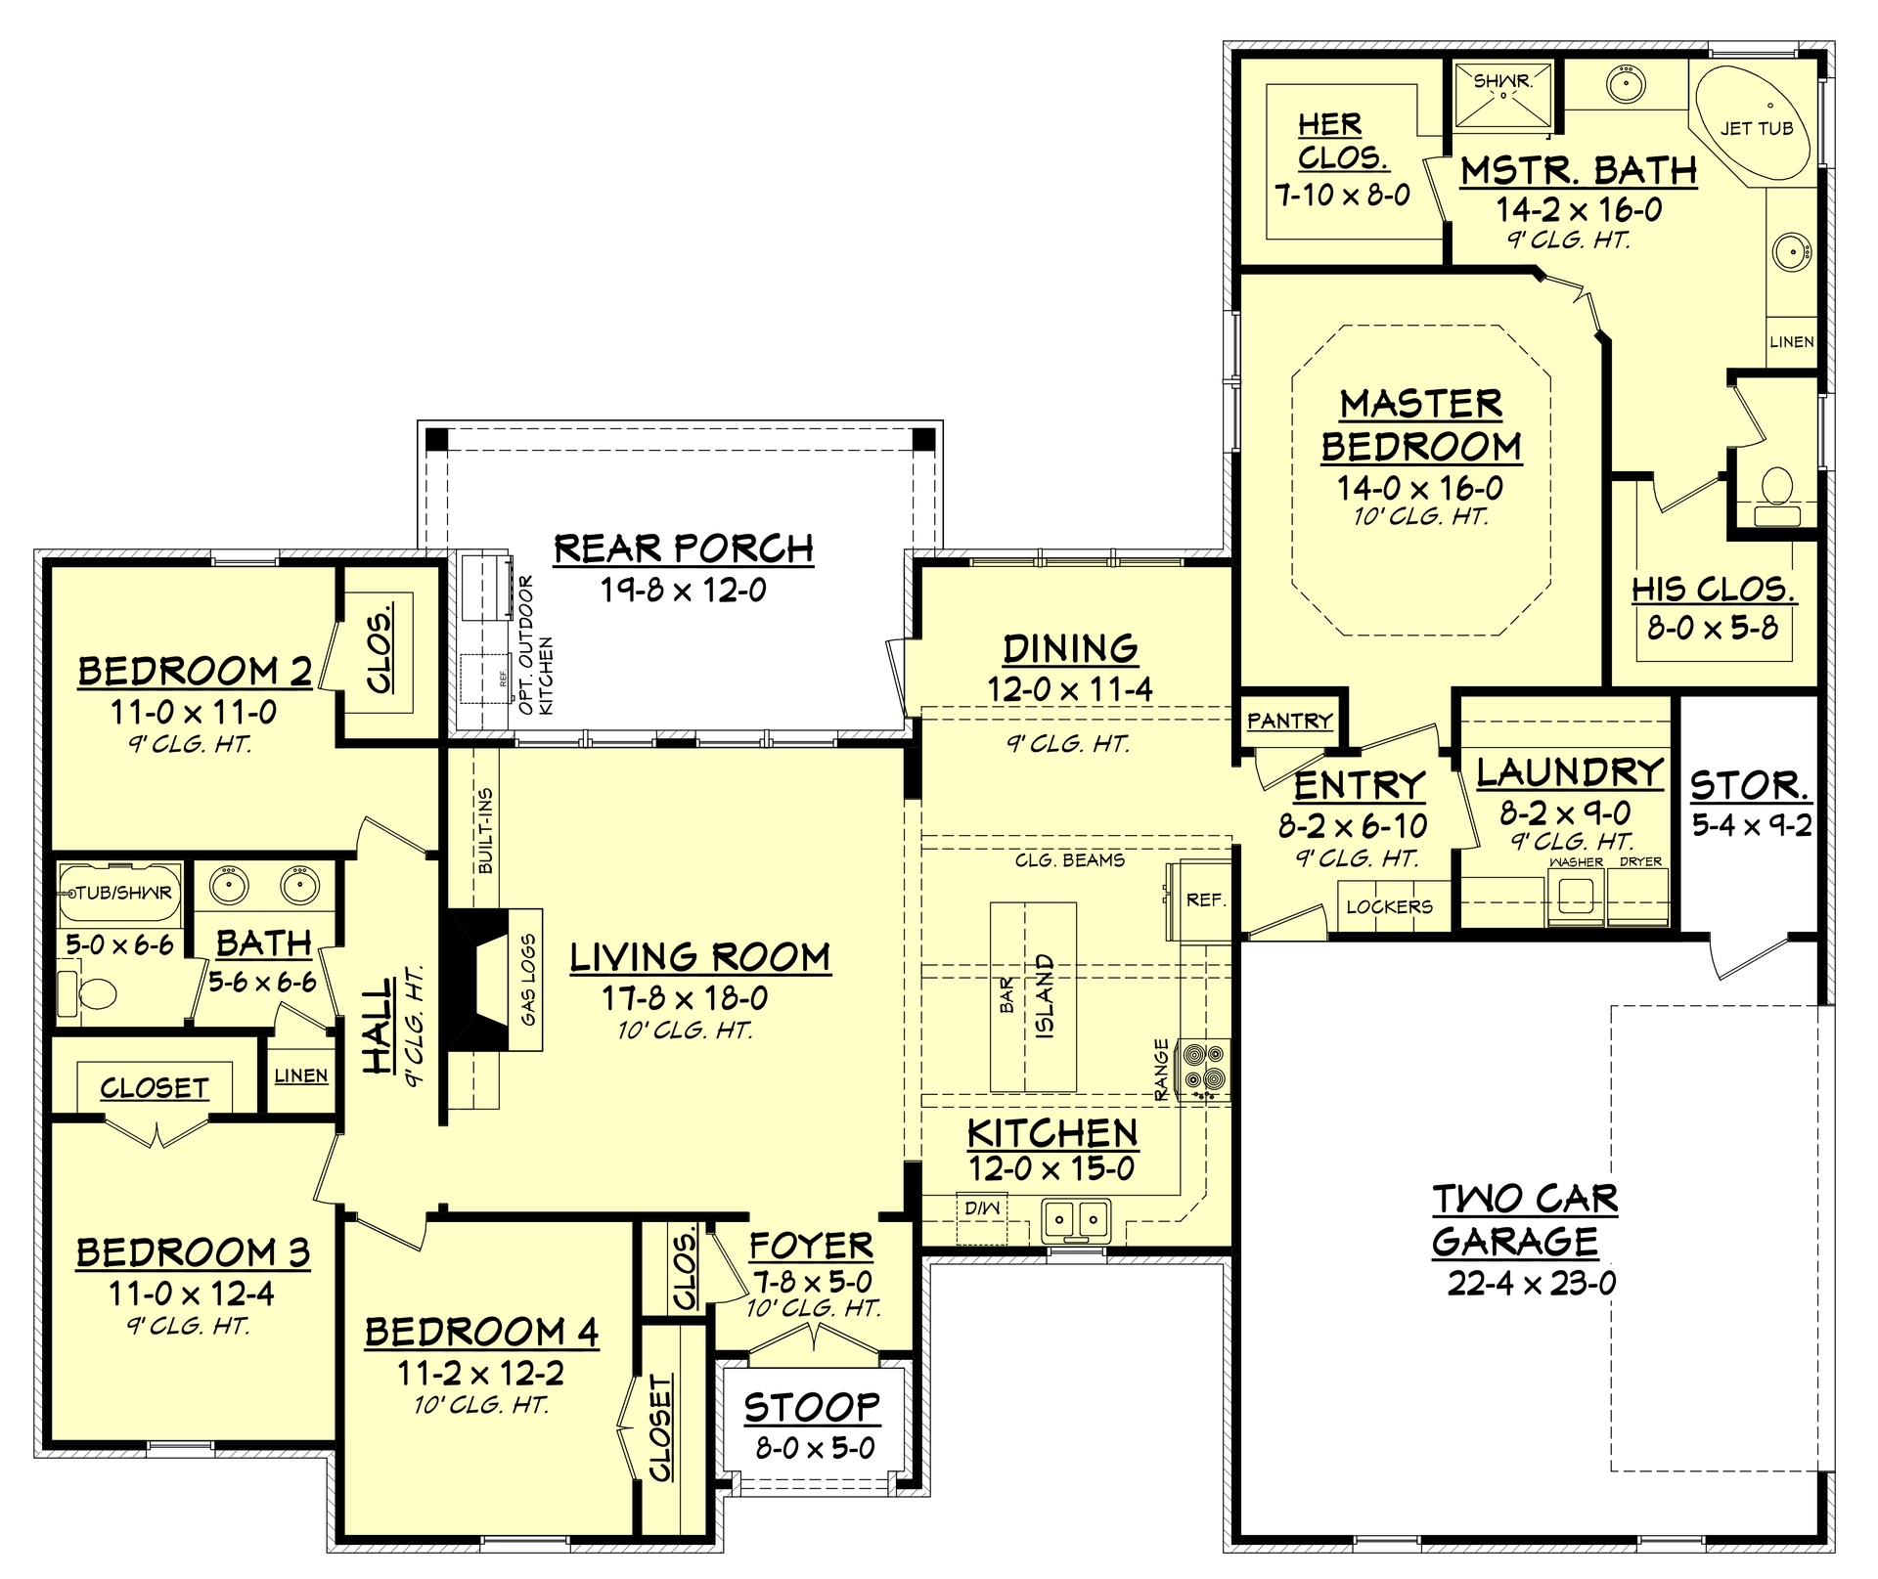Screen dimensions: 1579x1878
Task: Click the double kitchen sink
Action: click(x=1076, y=1219)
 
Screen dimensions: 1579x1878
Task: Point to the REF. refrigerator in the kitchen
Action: click(x=1203, y=900)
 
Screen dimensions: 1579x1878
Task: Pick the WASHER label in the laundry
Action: click(x=1576, y=862)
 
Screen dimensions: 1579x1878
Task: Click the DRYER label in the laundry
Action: click(x=1640, y=862)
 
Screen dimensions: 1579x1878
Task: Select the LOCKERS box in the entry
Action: click(x=1389, y=907)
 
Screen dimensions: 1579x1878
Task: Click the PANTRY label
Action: click(x=1289, y=722)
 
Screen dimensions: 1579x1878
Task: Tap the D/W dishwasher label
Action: click(x=981, y=1208)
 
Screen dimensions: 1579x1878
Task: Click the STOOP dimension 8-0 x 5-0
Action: click(x=815, y=1448)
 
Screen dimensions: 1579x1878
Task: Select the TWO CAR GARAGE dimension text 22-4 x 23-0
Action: click(x=1532, y=1283)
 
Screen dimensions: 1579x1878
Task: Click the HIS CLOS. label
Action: click(x=1713, y=590)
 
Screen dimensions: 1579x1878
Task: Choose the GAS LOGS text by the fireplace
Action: click(x=528, y=980)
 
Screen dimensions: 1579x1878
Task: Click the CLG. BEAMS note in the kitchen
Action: click(x=1069, y=860)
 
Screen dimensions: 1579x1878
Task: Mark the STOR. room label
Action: click(x=1749, y=785)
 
